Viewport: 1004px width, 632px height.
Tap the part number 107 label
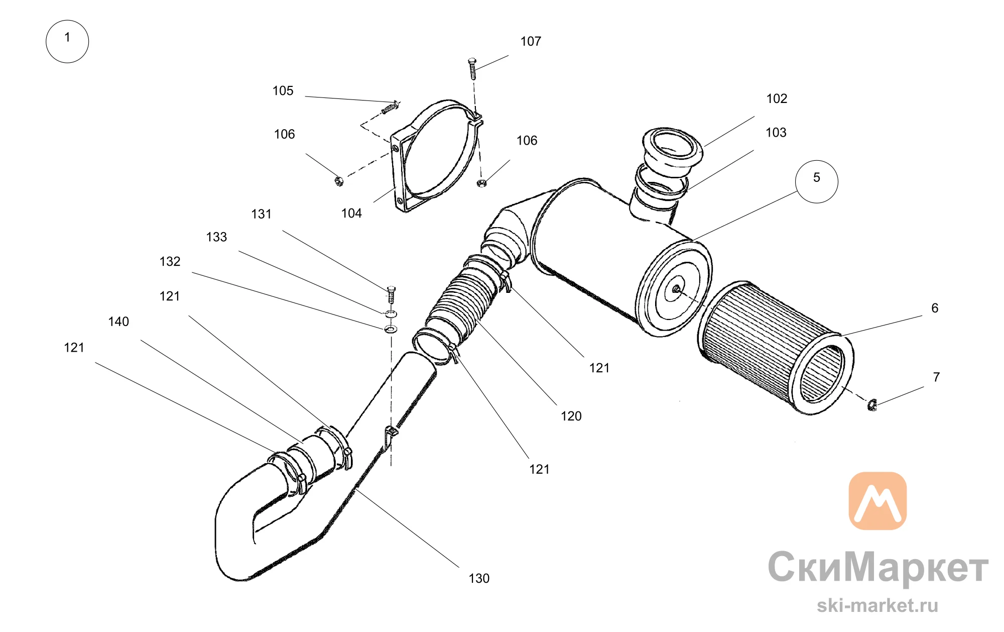[531, 41]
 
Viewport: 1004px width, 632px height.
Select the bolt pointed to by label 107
[472, 69]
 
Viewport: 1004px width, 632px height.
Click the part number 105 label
[283, 90]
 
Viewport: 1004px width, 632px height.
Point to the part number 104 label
[351, 213]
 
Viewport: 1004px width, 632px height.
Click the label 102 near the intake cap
[777, 98]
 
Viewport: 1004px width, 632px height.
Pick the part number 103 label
[776, 132]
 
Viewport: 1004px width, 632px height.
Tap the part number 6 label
[935, 308]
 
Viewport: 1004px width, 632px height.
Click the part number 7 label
[936, 377]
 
